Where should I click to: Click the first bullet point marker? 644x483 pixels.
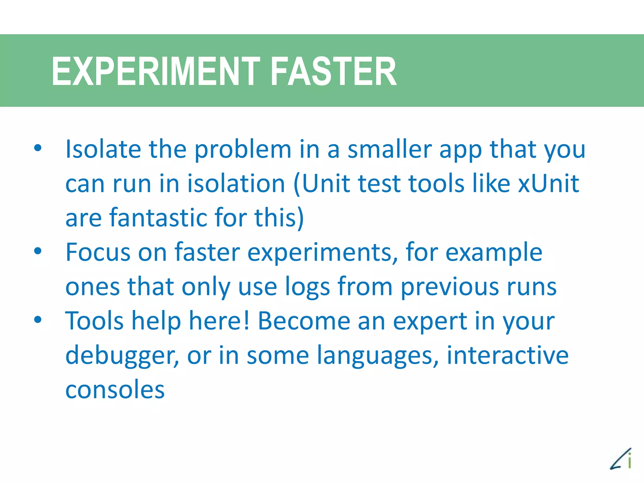(x=38, y=148)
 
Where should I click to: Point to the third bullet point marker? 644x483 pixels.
(x=38, y=320)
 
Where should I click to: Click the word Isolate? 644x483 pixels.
(x=103, y=149)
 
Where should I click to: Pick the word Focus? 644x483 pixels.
(x=98, y=252)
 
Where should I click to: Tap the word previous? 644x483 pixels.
(x=450, y=287)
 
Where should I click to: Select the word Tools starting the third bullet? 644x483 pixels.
(x=94, y=321)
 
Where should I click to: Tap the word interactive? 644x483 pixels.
(x=508, y=355)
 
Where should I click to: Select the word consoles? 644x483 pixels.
(x=115, y=390)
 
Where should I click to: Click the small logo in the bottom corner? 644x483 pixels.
(x=621, y=459)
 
